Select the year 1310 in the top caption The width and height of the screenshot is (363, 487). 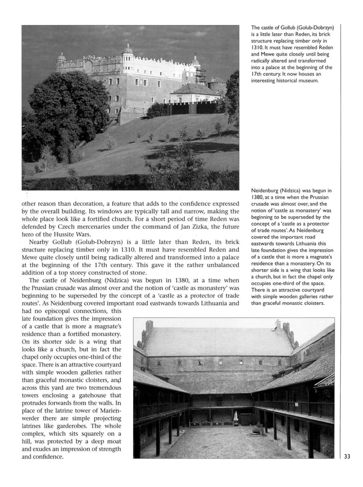pos(259,48)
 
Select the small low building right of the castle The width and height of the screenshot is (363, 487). pos(193,91)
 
